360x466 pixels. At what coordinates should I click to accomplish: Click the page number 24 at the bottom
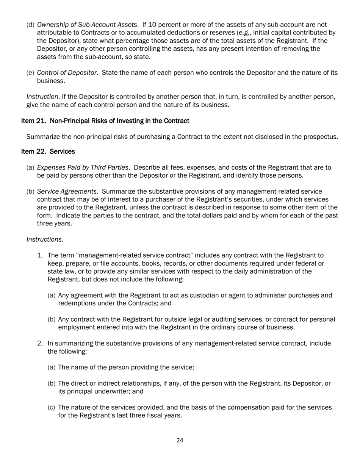[180, 440]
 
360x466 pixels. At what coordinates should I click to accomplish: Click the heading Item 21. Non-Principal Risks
[105, 121]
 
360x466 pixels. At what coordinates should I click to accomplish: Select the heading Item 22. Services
[48, 152]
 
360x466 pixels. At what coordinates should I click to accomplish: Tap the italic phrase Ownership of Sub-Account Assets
[87, 25]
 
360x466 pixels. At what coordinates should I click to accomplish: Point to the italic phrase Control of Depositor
[67, 73]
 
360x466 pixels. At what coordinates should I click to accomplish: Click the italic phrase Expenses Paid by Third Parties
[83, 167]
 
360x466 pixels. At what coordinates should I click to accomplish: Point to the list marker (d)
[30, 25]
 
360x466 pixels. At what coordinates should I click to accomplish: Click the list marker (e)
[30, 73]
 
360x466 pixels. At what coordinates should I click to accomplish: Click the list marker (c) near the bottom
[51, 407]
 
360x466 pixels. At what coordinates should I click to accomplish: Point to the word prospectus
[321, 137]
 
